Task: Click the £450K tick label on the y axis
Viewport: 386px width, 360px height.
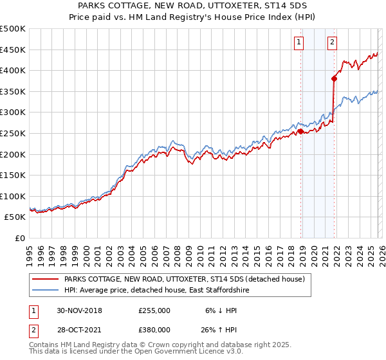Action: click(14, 50)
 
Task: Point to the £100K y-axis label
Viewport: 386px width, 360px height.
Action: click(14, 196)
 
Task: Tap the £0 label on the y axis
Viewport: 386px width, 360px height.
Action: click(20, 238)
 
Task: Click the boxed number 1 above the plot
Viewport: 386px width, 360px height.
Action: click(300, 43)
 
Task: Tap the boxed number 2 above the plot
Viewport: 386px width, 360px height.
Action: click(332, 43)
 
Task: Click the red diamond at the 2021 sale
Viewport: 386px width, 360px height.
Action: click(334, 79)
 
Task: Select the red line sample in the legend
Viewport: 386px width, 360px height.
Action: click(45, 279)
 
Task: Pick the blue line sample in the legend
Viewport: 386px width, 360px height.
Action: click(45, 291)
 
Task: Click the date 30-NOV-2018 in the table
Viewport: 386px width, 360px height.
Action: click(79, 310)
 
